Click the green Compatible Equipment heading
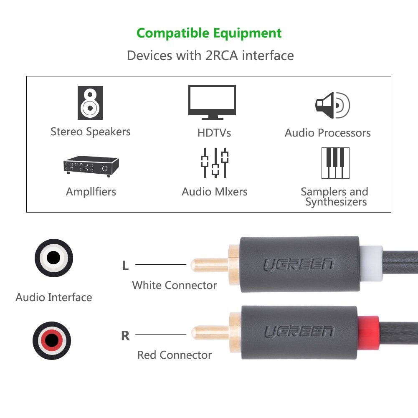(209, 33)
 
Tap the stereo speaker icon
(90, 103)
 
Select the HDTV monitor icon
(212, 102)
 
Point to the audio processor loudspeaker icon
(332, 105)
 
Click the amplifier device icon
(91, 166)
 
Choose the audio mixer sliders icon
(215, 162)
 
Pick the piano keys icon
(335, 163)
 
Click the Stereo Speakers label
(91, 132)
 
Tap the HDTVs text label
(214, 133)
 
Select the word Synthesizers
(336, 202)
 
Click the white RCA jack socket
(54, 258)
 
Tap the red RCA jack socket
(52, 340)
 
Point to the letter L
(125, 266)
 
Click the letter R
(125, 336)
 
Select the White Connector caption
(175, 285)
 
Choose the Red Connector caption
(175, 355)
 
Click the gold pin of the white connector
(210, 265)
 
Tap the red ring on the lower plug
(368, 333)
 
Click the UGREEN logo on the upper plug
(299, 264)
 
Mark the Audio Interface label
(54, 297)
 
